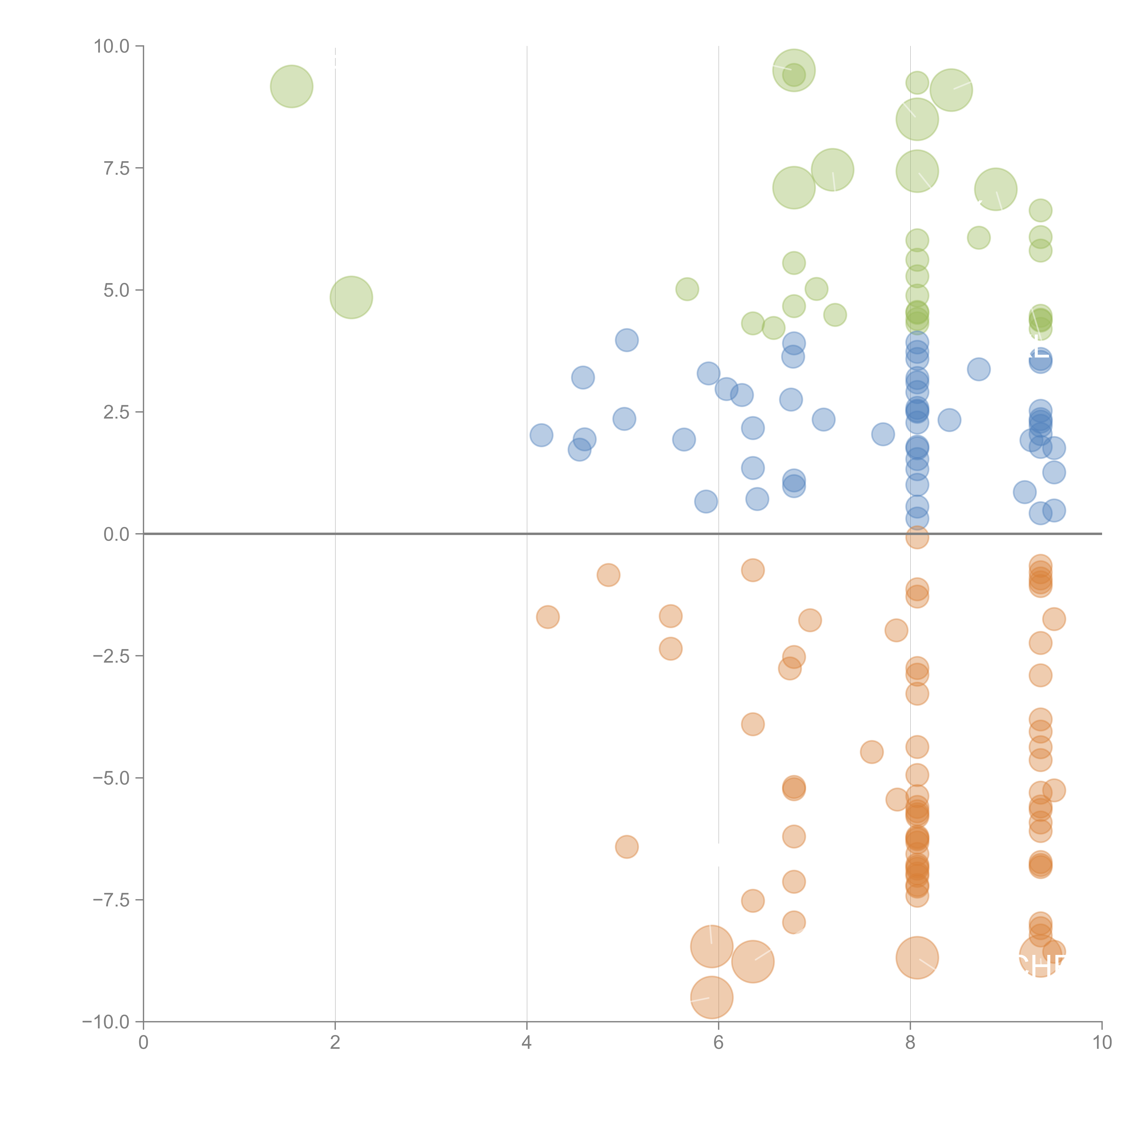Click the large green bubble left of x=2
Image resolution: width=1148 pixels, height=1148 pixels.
[x=292, y=87]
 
